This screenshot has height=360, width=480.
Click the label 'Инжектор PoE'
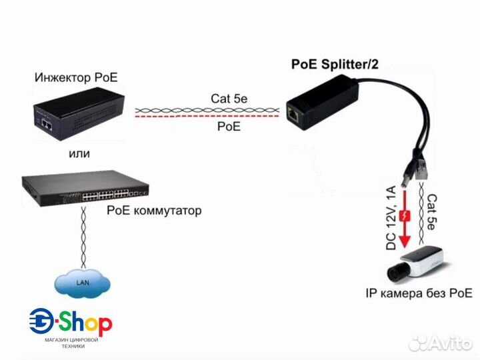pos(76,78)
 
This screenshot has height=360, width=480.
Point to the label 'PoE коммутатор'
pos(154,211)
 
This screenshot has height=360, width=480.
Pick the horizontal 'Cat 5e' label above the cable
pos(229,98)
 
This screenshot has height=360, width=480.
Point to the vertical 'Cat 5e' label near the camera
pos(431,212)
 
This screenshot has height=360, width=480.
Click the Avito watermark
pos(440,343)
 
